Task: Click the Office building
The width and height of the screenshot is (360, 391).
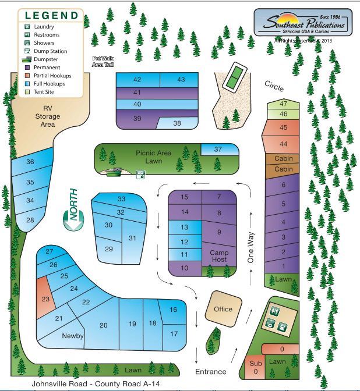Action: click(x=223, y=309)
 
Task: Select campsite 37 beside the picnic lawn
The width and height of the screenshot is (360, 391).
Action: click(x=218, y=150)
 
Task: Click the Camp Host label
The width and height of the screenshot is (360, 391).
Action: click(x=218, y=257)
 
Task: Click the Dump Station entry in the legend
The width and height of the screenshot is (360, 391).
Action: click(x=47, y=51)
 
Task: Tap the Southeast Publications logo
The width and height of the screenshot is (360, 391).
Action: click(x=302, y=24)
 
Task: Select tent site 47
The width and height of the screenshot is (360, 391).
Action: click(x=284, y=104)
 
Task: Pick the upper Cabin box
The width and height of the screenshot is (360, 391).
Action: click(x=283, y=159)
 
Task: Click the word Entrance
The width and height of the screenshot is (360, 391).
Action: click(x=211, y=371)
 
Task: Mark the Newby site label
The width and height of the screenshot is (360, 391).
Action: click(x=73, y=336)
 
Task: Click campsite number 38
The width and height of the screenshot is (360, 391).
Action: click(x=177, y=123)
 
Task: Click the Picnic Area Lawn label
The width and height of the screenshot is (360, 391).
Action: click(x=154, y=157)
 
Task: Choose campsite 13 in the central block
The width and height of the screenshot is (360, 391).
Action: click(x=184, y=227)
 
